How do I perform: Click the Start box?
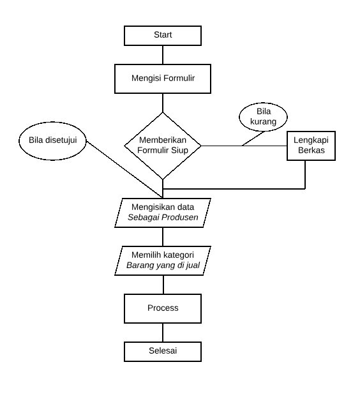[x=163, y=34]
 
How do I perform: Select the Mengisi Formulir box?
[x=163, y=79]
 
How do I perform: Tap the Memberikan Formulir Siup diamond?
[x=163, y=146]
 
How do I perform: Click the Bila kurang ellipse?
[x=263, y=116]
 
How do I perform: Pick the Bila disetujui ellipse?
[x=52, y=141]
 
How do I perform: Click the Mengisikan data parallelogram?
[x=163, y=213]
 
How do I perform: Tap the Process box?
[x=163, y=308]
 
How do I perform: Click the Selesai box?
[x=163, y=352]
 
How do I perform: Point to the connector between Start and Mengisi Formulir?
[x=163, y=54]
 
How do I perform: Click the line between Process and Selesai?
[x=163, y=333]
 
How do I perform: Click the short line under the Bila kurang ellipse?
[x=253, y=137]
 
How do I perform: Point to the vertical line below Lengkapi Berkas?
[x=305, y=174]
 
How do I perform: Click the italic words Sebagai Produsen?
[x=162, y=218]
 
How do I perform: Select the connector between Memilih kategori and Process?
[x=163, y=285]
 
